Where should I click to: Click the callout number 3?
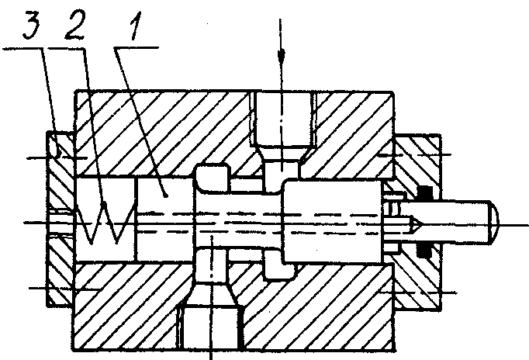(x=31, y=25)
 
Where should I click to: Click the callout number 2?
(x=76, y=23)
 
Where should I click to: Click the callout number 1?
(x=135, y=26)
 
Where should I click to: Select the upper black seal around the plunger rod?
(x=425, y=193)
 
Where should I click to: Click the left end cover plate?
(x=61, y=219)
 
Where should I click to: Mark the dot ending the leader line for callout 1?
(x=165, y=195)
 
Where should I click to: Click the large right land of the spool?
(x=332, y=222)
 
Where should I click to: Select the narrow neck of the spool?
(x=238, y=221)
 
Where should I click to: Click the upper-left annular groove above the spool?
(x=213, y=177)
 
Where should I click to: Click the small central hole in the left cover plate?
(x=61, y=223)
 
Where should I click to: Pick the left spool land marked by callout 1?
(x=164, y=220)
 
